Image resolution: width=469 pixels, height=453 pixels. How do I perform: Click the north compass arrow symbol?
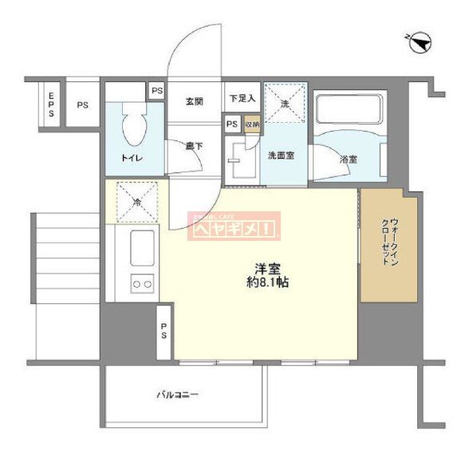click(422, 41)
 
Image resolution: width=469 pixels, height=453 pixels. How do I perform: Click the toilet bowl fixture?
click(134, 125)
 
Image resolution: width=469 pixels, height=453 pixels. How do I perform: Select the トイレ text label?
click(132, 157)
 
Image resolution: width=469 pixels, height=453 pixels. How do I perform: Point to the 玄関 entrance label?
click(195, 101)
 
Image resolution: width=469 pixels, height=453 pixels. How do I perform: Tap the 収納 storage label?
click(250, 124)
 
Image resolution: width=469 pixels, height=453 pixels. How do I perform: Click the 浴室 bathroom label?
click(349, 160)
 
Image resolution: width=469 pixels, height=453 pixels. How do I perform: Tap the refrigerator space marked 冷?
click(136, 202)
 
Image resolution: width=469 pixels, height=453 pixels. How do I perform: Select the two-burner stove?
click(142, 283)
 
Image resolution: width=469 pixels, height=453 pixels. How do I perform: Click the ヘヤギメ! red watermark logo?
click(234, 227)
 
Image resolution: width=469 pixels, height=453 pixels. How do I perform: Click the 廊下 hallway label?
click(194, 146)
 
